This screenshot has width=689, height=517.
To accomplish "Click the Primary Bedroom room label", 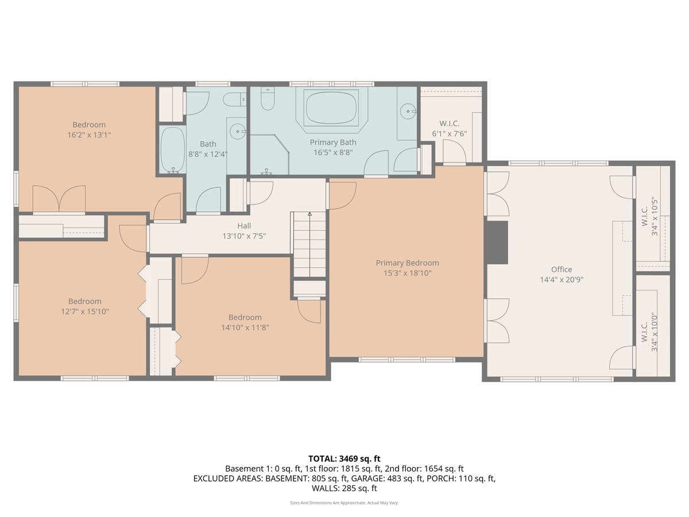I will pos(407,263).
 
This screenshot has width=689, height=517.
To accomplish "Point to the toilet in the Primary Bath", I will pos(267,101).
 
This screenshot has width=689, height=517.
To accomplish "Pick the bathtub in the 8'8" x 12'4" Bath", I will pos(171,150).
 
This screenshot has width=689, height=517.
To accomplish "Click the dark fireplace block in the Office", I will pos(497,242).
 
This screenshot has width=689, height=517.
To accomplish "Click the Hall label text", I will pos(244,226).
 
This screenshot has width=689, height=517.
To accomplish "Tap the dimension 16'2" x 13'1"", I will pos(89,135).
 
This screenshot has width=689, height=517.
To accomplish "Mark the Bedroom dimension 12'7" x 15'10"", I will pos(84,311).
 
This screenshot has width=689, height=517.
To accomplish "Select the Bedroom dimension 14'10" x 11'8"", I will pos(245,327).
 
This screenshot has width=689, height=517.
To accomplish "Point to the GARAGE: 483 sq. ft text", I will pos(388,478).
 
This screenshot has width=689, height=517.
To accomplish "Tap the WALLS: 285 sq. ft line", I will pos(344,488).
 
